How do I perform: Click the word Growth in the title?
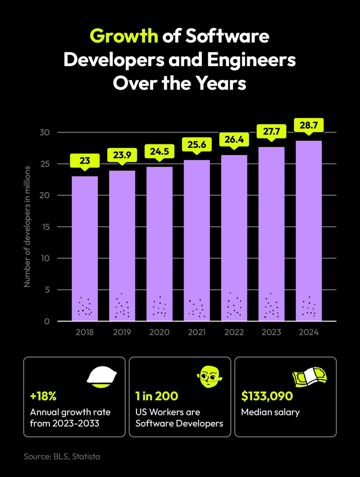(124, 36)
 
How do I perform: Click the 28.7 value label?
(309, 125)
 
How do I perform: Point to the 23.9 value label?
(122, 155)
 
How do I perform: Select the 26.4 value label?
(234, 139)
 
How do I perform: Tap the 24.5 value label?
(159, 151)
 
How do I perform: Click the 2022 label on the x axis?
(234, 332)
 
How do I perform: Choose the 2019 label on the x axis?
(122, 332)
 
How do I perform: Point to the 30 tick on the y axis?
(45, 133)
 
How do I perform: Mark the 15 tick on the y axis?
(45, 227)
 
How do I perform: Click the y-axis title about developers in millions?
(27, 226)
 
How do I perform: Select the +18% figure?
(43, 396)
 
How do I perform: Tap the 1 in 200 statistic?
(157, 396)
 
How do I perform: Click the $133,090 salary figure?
(267, 396)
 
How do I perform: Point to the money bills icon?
(309, 377)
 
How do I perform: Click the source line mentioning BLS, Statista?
(62, 457)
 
